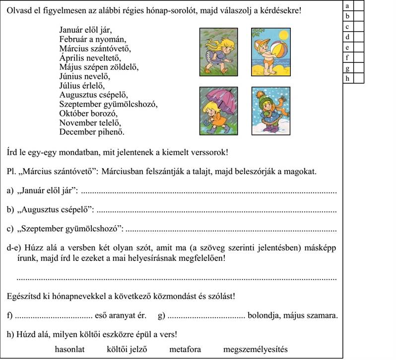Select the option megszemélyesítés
[255, 349]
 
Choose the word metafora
[185, 349]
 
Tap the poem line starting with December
[91, 132]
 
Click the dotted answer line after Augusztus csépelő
[215, 211]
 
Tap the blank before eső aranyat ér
[55, 316]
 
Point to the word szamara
[322, 315]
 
